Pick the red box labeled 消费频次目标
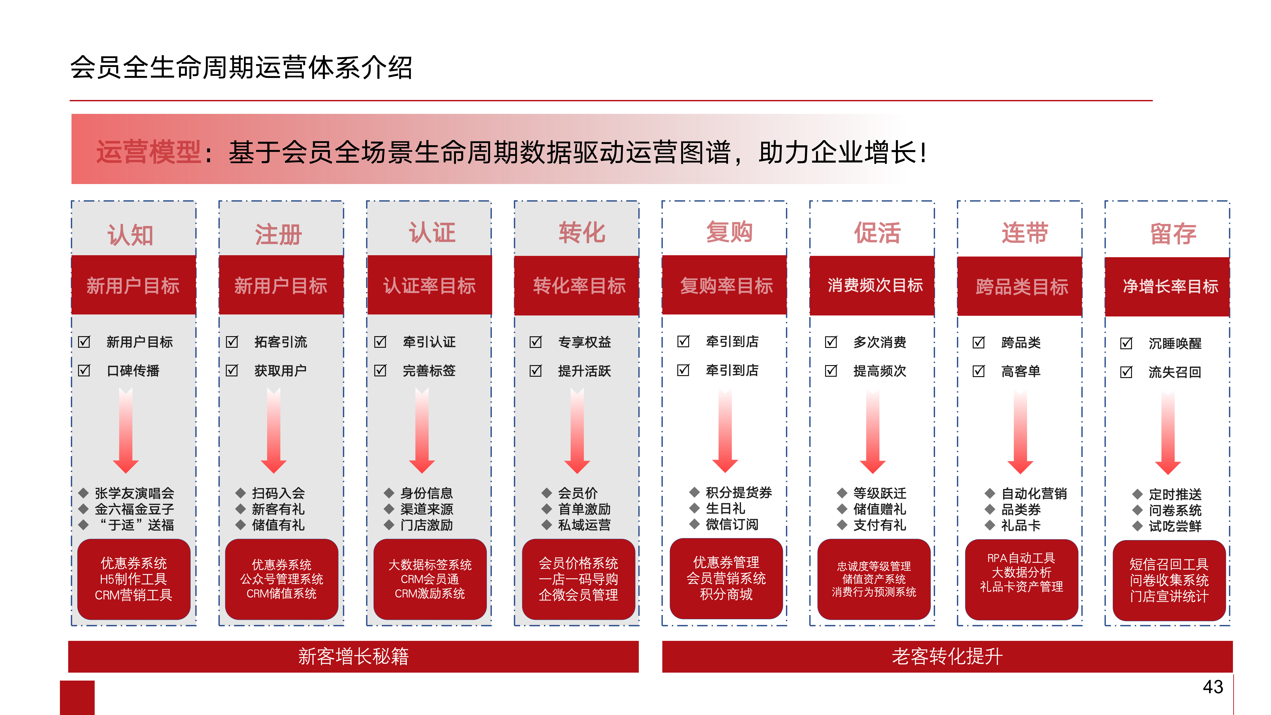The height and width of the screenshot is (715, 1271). click(x=872, y=285)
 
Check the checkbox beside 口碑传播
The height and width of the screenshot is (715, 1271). click(x=84, y=370)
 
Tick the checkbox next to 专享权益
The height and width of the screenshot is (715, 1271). click(x=535, y=341)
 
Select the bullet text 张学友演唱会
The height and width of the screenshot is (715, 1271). click(x=134, y=493)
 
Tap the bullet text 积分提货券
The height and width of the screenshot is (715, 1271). click(x=739, y=492)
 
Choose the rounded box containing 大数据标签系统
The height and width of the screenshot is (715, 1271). click(x=430, y=579)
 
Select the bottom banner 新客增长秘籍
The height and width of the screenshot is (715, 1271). click(x=353, y=656)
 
